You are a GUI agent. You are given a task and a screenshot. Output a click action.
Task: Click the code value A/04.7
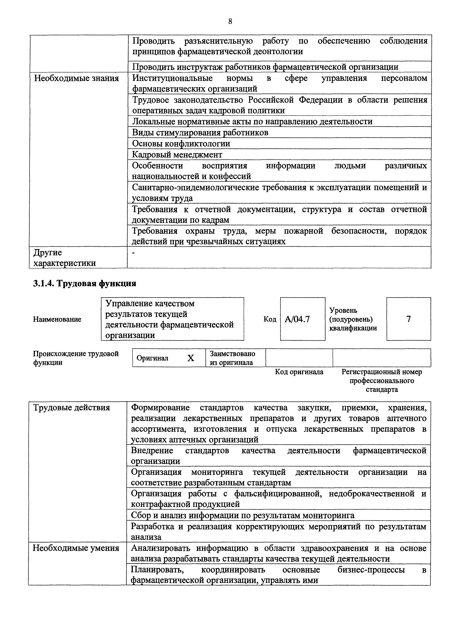[x=297, y=319]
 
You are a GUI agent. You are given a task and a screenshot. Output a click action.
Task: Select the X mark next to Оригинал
[x=191, y=358]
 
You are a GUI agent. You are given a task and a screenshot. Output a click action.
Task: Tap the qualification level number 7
[x=408, y=319]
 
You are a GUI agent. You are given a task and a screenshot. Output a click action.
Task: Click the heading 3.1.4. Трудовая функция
[x=85, y=283]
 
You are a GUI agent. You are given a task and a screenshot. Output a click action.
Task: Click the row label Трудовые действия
[x=71, y=408]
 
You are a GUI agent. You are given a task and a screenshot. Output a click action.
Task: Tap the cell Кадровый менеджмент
[x=177, y=154]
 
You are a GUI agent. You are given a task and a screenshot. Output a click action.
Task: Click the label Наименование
[x=57, y=319]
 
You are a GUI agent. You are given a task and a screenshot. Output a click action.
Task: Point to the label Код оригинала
[x=299, y=372]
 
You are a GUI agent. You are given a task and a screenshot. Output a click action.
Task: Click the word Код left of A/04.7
[x=270, y=319]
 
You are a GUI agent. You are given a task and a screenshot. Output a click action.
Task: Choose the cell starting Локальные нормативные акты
[x=252, y=122]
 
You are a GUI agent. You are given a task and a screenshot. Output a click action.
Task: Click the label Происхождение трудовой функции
[x=76, y=358]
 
